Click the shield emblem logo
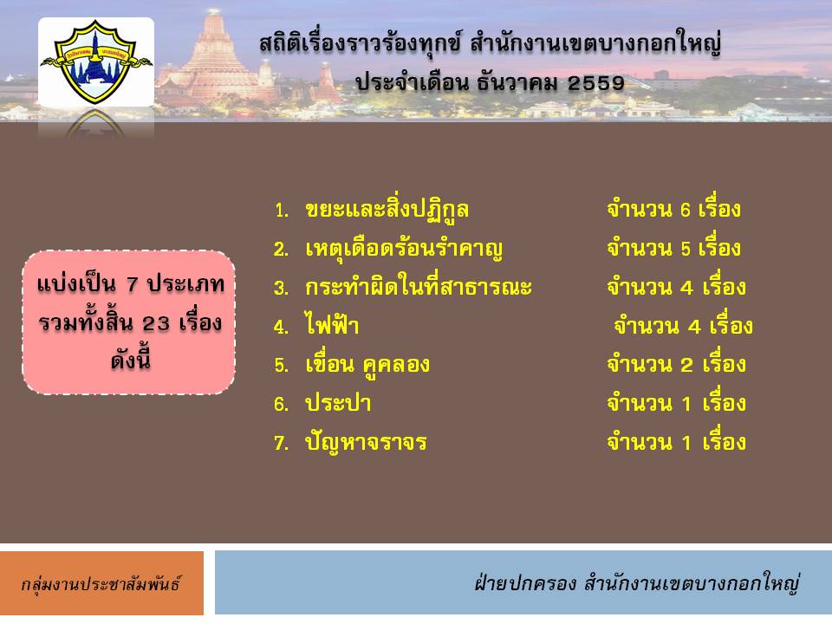(x=96, y=61)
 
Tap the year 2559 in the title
(x=596, y=83)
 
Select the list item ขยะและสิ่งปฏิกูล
(x=387, y=210)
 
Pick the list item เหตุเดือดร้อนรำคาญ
(x=404, y=249)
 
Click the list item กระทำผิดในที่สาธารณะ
(x=419, y=287)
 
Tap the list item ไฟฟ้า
(x=332, y=324)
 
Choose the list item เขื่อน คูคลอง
(x=367, y=365)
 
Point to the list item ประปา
(x=338, y=403)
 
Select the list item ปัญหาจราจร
(x=366, y=442)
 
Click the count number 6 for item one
(x=686, y=211)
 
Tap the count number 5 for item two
(x=686, y=250)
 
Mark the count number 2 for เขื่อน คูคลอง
(x=686, y=365)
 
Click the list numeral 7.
(x=281, y=443)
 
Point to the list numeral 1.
(x=281, y=211)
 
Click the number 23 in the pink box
(x=156, y=323)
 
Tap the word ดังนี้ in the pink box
(x=131, y=359)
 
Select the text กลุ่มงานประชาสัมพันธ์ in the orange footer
(x=101, y=584)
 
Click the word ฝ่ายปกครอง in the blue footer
(x=525, y=582)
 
